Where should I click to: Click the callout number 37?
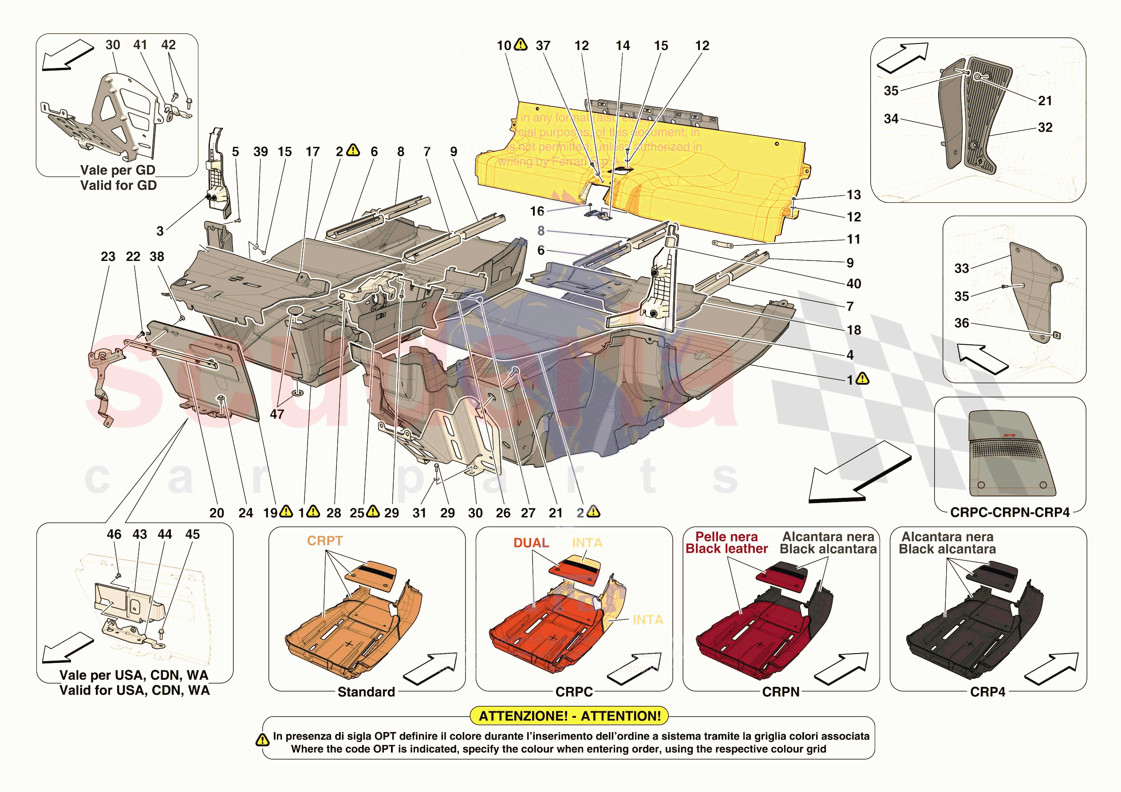tap(543, 45)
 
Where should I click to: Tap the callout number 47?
tap(277, 414)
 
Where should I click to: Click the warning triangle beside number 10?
tap(521, 44)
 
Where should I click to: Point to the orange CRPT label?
tap(325, 540)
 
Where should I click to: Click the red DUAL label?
tap(531, 543)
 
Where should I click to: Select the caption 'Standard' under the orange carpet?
tap(366, 691)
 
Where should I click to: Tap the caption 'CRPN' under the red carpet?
tap(780, 691)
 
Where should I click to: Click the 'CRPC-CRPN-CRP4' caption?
tap(1010, 512)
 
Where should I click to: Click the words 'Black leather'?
tap(726, 549)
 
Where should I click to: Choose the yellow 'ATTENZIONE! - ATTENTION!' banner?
tap(569, 716)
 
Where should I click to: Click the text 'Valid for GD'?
tap(118, 185)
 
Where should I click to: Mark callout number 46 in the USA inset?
tap(114, 534)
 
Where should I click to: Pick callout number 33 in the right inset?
tap(961, 268)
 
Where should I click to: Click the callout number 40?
tap(853, 283)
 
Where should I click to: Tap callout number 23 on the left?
tap(108, 256)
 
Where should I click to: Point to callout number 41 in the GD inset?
tap(140, 44)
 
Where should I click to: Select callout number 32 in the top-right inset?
tap(1045, 127)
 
